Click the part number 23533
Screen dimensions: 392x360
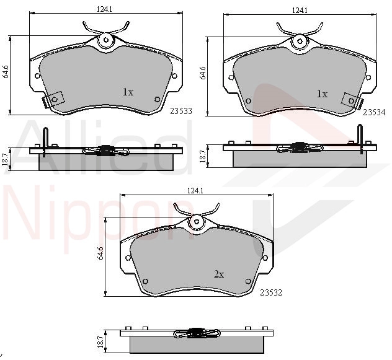pos(181,111)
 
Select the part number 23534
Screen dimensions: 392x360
pos(374,112)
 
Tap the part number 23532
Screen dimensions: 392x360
pos(271,292)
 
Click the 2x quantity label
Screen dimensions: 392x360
pos(219,274)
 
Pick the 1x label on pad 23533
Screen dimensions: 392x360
pos(128,92)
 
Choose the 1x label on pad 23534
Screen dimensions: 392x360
pos(322,94)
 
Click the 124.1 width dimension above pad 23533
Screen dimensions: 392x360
pos(104,9)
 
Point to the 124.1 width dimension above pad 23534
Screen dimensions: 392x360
pos(300,11)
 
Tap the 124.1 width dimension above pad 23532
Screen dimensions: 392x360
pos(195,191)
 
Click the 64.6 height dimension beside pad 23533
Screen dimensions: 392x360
pos(6,71)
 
